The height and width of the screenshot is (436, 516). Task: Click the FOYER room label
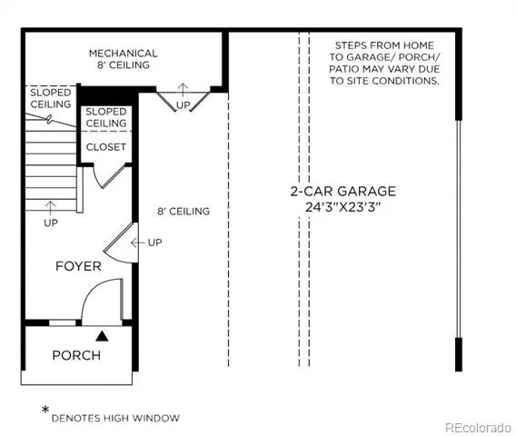78,266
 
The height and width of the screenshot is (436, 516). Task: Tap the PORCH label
76,355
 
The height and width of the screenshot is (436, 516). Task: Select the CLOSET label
106,147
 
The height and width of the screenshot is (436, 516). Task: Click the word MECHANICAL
123,54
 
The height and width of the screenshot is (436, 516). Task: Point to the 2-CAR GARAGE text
342,191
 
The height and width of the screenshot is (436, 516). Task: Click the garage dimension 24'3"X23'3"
342,207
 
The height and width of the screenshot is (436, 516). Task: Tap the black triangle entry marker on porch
102,336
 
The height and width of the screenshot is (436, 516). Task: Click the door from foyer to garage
121,243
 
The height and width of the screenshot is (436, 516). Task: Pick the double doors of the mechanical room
183,102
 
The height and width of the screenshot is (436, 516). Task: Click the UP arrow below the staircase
50,208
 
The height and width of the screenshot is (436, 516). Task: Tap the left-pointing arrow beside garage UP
137,243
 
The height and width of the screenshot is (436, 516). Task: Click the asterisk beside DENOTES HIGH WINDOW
45,410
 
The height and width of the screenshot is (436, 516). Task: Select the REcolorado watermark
478,428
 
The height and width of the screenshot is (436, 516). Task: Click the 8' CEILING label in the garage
184,212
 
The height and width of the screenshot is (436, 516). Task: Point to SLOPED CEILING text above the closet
106,117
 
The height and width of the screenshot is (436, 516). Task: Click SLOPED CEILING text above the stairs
51,98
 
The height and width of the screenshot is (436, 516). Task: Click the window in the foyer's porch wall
62,322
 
